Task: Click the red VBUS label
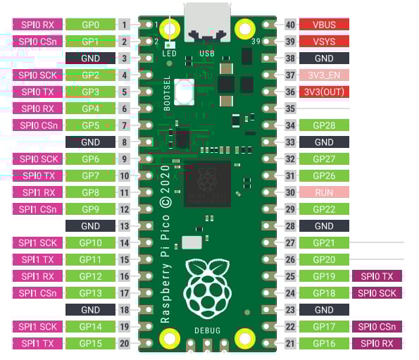(324, 25)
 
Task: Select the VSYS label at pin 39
(324, 42)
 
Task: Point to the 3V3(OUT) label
(324, 92)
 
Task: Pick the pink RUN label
(324, 192)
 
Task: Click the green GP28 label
(324, 125)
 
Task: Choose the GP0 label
(90, 25)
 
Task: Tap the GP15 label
(90, 343)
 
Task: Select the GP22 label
(324, 209)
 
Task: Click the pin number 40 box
(289, 25)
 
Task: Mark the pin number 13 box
(125, 226)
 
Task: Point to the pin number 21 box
(289, 343)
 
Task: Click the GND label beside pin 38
(324, 58)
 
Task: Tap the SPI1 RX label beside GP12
(38, 276)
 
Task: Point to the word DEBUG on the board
(207, 330)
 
